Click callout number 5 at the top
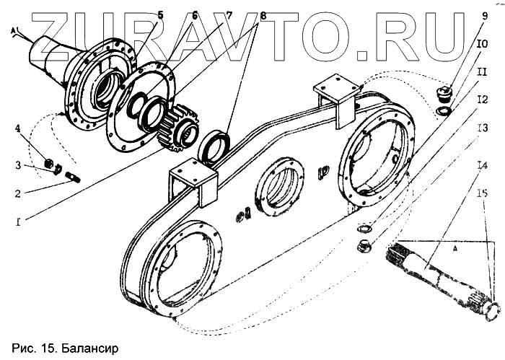[161, 14]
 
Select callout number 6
[194, 14]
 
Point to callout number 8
[242, 14]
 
